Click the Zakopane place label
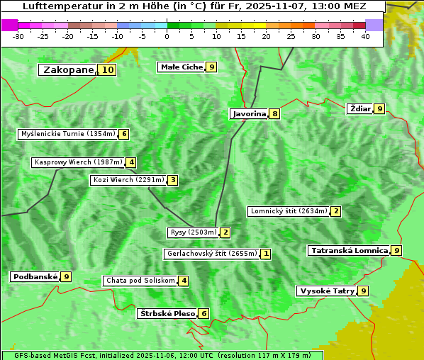pos(68,70)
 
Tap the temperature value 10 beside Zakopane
pos(107,70)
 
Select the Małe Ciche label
pos(182,67)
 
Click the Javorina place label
pos(249,113)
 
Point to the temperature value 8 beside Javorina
pos(274,113)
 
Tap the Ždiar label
pos(360,108)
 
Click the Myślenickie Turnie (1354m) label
pos(67,134)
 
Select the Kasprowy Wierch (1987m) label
pos(78,162)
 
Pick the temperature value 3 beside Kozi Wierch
pos(172,180)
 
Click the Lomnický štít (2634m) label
pos(289,211)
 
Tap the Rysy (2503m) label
pos(193,232)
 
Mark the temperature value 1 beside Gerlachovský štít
pos(265,254)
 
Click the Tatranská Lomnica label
pos(349,250)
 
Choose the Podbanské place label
pos(35,277)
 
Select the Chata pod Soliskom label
pos(140,281)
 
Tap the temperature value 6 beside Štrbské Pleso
pos(203,313)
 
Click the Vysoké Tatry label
pos(327,291)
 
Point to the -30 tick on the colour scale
pos(18,36)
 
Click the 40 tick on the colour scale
pos(365,36)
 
